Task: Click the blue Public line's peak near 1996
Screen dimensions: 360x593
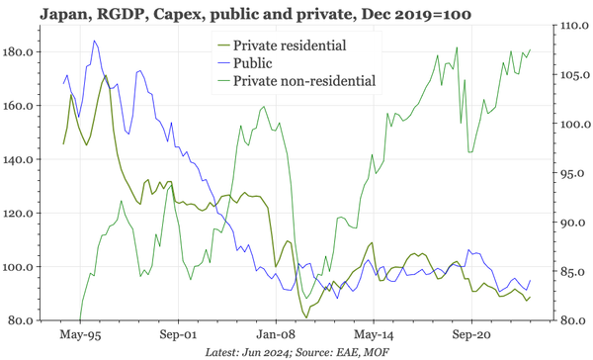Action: point(94,42)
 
